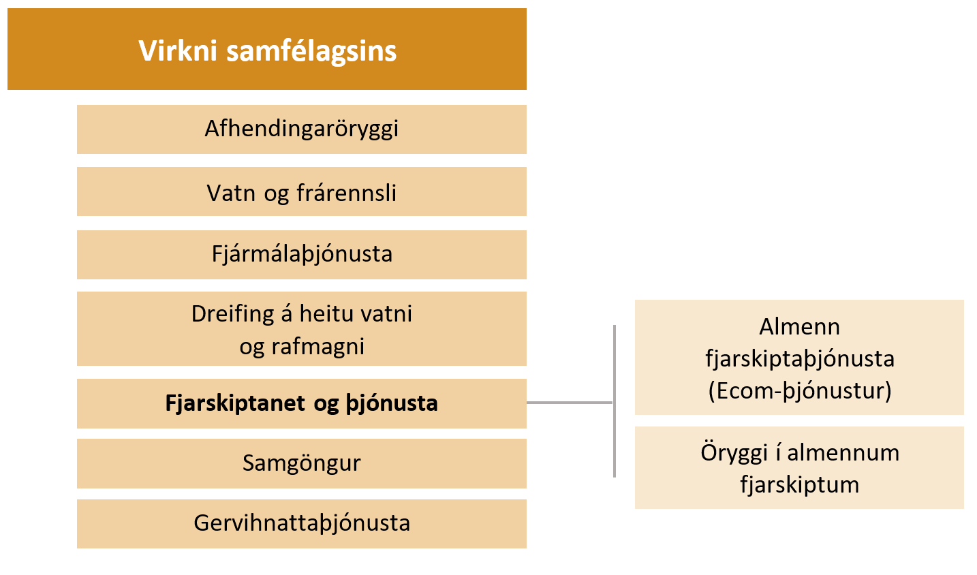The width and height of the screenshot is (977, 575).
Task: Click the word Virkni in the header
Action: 178,50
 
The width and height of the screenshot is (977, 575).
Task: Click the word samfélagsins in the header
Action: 311,52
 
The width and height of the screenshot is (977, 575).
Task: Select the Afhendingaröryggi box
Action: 302,129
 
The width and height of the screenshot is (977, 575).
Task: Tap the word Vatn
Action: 231,193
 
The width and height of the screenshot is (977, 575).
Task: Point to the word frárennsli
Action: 346,193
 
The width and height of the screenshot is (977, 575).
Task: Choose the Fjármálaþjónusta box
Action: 302,254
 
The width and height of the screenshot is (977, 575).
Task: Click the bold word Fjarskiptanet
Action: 235,403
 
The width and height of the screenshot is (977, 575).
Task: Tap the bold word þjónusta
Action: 392,403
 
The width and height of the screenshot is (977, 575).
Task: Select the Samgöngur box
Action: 302,463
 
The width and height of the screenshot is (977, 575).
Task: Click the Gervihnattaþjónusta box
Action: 302,523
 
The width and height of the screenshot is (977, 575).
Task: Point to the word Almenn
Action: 799,327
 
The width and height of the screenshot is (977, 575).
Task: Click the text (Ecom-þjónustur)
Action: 799,391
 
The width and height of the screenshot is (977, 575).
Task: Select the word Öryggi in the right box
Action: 734,453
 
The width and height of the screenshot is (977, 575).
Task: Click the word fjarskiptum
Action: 799,485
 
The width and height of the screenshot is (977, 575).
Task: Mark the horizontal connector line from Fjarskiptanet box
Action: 570,402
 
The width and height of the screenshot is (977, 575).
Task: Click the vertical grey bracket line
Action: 615,401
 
